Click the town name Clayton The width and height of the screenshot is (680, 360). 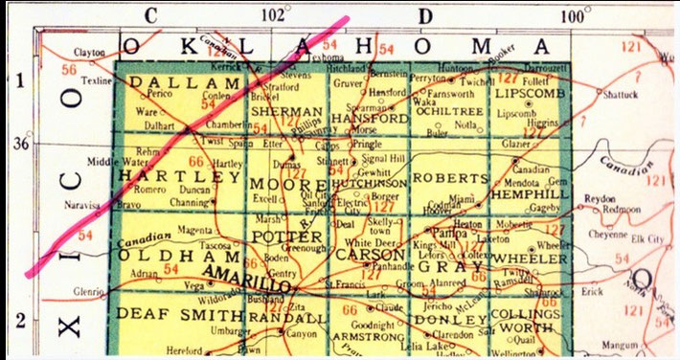(87, 53)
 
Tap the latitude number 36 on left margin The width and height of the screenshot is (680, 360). (17, 144)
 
